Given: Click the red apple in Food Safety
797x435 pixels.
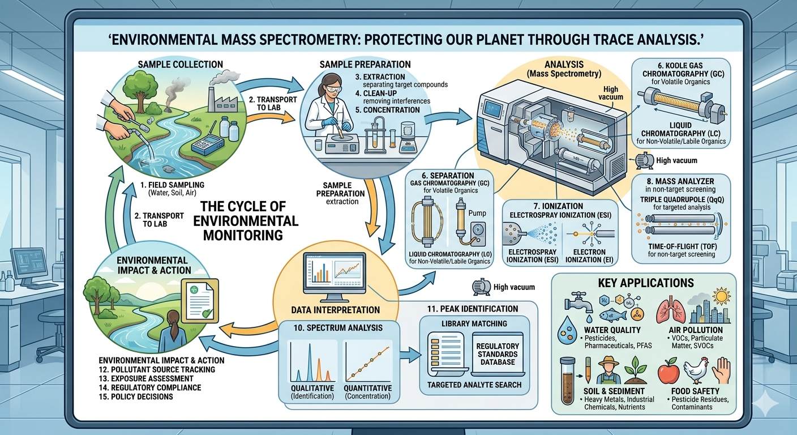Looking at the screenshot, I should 669,373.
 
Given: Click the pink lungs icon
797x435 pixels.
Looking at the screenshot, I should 667,308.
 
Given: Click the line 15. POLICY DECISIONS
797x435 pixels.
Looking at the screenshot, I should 136,396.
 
